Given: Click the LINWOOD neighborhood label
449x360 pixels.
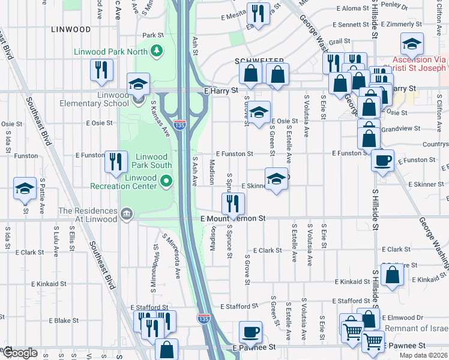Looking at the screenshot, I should click(x=71, y=29).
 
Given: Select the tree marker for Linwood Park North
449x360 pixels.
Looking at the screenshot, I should click(x=157, y=50).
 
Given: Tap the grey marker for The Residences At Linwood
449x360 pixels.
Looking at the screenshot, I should click(x=126, y=214).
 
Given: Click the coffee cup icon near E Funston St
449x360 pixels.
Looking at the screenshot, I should click(x=382, y=161).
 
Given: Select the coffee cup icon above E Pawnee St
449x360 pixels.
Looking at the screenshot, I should click(x=250, y=332).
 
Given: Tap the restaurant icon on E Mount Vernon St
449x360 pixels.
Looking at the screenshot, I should click(x=232, y=203).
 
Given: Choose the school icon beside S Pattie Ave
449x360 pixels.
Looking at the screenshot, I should click(x=25, y=188).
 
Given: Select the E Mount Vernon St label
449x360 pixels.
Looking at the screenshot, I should click(x=233, y=220).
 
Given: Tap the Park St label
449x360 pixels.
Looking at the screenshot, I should click(x=153, y=35).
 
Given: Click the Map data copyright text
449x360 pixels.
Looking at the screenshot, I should click(x=422, y=355).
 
